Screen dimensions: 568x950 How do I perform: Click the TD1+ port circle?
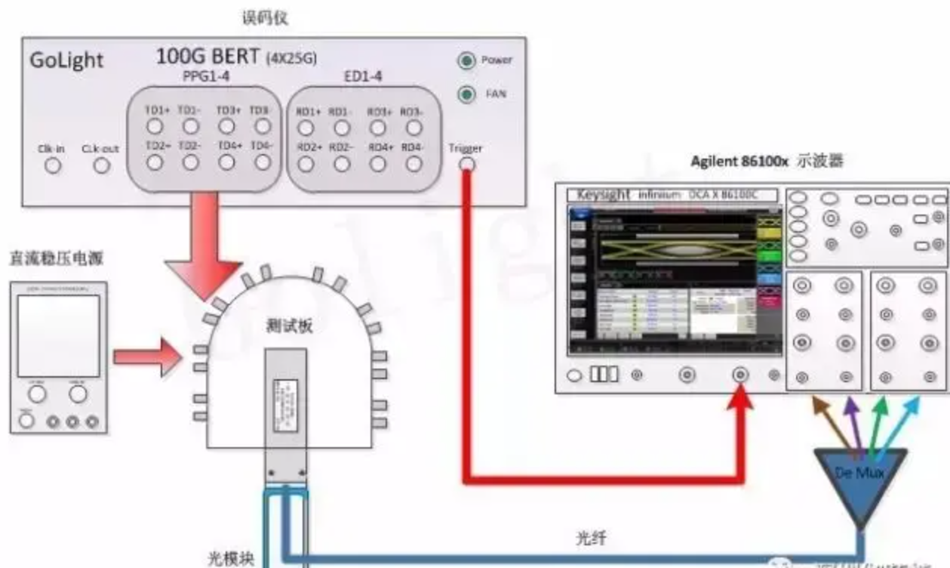155,126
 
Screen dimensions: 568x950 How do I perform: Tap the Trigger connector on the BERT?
467,163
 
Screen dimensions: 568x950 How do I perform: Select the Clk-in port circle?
53,165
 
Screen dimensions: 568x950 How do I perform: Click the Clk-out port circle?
100,165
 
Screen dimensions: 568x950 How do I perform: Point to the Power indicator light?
468,60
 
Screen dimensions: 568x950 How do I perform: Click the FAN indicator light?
468,94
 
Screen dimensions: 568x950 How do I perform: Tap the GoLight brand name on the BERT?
66,61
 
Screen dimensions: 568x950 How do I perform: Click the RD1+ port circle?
306,128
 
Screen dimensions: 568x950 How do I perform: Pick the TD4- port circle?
262,161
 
